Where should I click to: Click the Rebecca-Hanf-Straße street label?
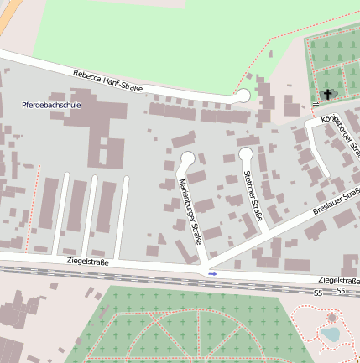pos(107,81)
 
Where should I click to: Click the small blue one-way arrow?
pos(212,273)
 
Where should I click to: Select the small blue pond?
pos(330,334)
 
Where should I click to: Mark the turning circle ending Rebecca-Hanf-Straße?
pos(243,96)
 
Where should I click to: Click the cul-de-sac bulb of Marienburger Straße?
pos(187,158)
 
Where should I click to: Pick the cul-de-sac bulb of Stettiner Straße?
pos(246,153)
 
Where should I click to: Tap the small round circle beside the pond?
pos(331,318)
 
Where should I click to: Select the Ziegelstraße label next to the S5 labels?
pos(338,280)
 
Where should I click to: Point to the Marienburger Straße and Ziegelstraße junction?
pos(204,267)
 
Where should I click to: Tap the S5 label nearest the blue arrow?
pos(318,293)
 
